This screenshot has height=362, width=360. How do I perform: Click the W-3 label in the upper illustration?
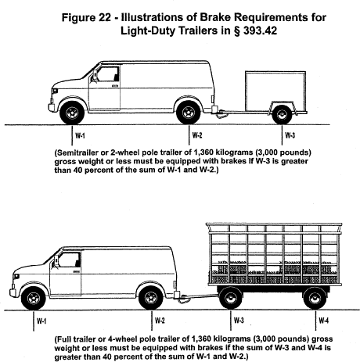click(290, 135)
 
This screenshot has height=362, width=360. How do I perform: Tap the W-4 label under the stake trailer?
click(323, 321)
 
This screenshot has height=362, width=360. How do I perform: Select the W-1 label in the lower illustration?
click(41, 321)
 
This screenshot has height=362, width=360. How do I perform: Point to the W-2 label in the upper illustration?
click(197, 135)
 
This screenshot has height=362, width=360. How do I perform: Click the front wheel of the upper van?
click(72, 113)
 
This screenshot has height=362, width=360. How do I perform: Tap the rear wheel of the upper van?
click(189, 113)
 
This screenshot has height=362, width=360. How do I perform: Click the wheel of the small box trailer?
click(282, 114)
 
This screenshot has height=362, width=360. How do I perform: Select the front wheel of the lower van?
click(34, 299)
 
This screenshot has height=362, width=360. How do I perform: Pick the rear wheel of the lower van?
click(151, 299)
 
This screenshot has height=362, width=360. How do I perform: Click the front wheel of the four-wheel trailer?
click(231, 298)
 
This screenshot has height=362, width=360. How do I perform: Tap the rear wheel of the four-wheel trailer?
click(315, 298)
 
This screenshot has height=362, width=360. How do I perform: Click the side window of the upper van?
click(107, 74)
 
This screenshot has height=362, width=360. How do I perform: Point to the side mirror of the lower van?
click(56, 261)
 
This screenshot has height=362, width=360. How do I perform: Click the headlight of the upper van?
click(55, 91)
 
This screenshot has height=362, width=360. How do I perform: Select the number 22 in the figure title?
click(105, 18)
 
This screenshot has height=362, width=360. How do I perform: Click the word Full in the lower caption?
click(63, 339)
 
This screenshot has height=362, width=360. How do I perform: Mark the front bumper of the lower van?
click(13, 293)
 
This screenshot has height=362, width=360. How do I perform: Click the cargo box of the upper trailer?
click(275, 91)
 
